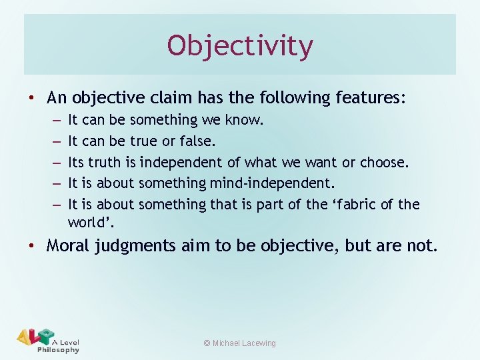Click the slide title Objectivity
coord(240,46)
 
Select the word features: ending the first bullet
coord(372,98)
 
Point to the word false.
coord(199,141)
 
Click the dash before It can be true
coord(55,141)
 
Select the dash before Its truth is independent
coord(55,162)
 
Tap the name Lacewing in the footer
coord(255,343)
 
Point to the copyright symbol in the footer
coord(207,343)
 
